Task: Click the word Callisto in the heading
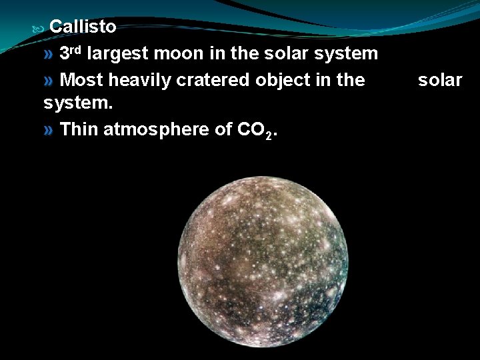tap(83, 27)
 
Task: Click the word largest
tap(117, 53)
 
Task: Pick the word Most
tap(81, 80)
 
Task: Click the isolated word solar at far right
tap(440, 80)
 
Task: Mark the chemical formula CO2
tap(257, 130)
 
